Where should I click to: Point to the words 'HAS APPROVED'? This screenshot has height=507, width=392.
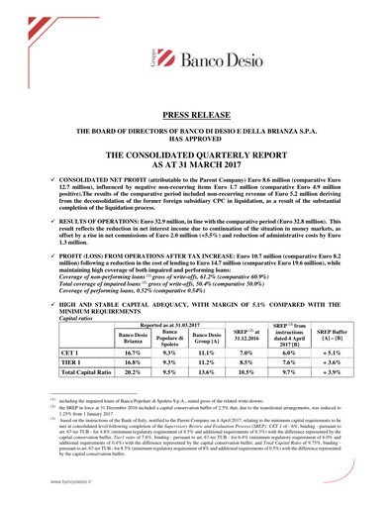pos(196,138)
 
